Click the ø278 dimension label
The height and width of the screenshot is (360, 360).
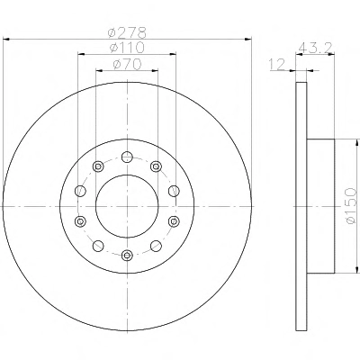click(128, 32)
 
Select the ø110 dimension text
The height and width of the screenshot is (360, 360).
click(127, 48)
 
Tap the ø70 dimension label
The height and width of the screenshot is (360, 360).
click(127, 64)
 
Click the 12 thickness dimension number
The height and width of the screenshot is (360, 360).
click(277, 65)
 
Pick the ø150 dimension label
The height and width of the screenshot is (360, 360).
click(351, 206)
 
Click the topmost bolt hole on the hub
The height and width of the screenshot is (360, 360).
click(127, 157)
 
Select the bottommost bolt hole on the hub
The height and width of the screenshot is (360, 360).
click(127, 256)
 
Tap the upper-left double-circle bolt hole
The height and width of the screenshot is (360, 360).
click(98, 166)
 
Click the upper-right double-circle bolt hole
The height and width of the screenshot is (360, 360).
click(156, 166)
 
